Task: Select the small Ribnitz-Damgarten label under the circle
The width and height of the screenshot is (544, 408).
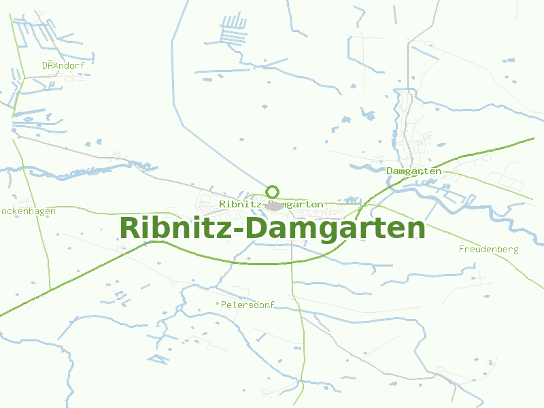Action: click(271, 204)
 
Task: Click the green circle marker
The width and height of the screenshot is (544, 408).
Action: click(273, 192)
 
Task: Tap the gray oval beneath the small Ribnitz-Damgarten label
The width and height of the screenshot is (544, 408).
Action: click(275, 205)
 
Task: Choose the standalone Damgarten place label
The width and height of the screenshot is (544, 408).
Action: click(413, 171)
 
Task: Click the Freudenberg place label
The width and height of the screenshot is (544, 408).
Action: click(488, 249)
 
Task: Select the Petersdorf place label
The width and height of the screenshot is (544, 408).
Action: click(248, 305)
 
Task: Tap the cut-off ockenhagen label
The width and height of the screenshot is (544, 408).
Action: click(28, 211)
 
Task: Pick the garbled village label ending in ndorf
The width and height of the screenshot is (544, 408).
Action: click(63, 65)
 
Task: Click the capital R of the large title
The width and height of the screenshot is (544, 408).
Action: click(131, 228)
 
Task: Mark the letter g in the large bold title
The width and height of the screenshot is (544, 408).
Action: click(332, 231)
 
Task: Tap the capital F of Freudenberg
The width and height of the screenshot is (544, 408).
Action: click(462, 249)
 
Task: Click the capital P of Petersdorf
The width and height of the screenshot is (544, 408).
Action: click(224, 305)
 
